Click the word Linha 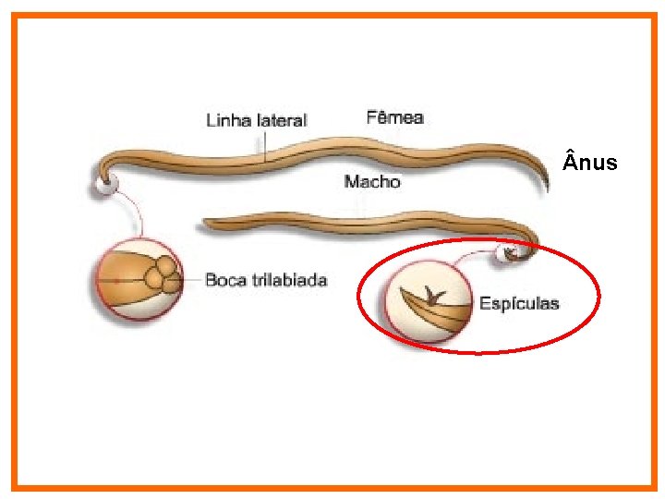tap(226, 120)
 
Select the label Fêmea tap(394, 116)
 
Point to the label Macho tap(372, 181)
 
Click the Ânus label tap(589, 164)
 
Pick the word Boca tap(225, 279)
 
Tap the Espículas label tap(518, 303)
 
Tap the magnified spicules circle tap(427, 301)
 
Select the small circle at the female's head tap(103, 184)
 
